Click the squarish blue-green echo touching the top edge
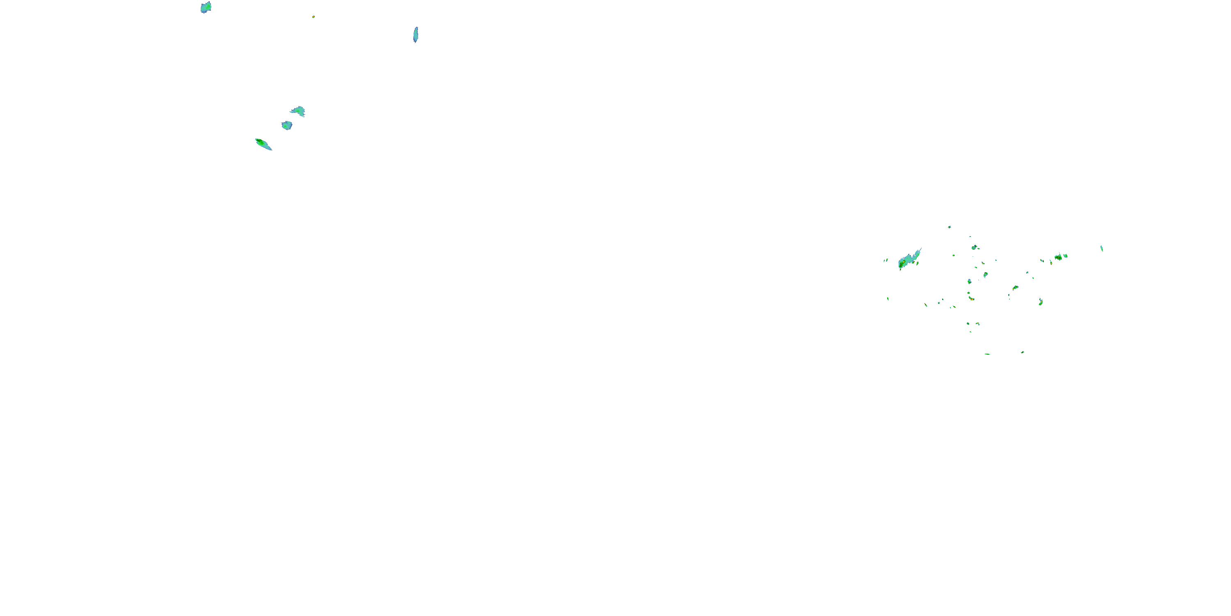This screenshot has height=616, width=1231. point(206,7)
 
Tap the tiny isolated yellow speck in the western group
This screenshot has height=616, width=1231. point(313,17)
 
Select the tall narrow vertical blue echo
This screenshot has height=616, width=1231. point(416,34)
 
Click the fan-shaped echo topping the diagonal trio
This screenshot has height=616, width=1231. point(298,111)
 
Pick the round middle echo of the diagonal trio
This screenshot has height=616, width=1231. point(287,125)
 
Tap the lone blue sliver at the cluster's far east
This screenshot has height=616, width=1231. point(1101,248)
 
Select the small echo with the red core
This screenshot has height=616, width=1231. point(972,299)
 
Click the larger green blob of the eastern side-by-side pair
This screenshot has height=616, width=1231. point(1058,257)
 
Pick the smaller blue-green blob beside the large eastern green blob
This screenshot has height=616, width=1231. point(1066,256)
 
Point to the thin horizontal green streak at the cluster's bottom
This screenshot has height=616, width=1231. point(987,354)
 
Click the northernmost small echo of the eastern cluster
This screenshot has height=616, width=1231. point(950,227)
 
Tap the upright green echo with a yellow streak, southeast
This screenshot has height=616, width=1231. point(1041,302)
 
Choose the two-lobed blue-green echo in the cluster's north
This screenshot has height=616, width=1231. point(975,247)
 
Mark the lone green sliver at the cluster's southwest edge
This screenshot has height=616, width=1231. point(888,299)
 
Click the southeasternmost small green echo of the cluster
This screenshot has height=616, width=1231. point(1022,352)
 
